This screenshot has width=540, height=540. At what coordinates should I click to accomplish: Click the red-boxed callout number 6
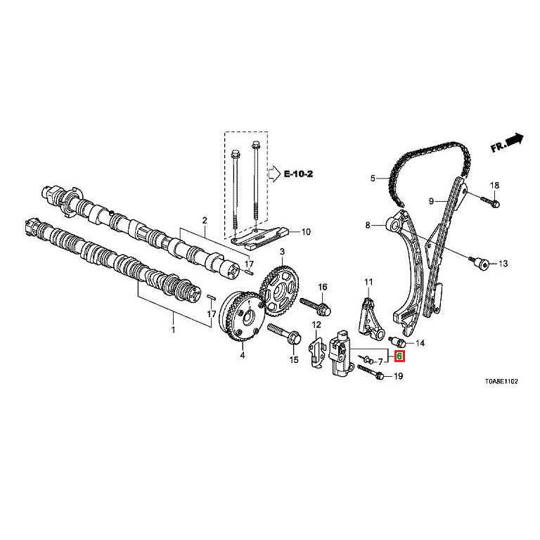point(399,356)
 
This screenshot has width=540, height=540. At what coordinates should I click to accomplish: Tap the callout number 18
point(494,185)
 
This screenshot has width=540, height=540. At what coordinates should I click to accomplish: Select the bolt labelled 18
point(491,202)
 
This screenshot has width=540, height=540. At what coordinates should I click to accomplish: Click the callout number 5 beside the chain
point(373,178)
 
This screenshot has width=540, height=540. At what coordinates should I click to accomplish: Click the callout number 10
point(305,231)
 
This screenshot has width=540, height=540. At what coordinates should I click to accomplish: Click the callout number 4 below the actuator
point(243,356)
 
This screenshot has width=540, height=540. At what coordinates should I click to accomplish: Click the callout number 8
point(366,225)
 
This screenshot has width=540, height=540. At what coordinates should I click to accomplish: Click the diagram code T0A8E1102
point(501,380)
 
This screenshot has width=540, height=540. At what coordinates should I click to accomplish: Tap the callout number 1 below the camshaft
point(174,328)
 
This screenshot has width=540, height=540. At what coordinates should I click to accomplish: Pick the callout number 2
point(205,220)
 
